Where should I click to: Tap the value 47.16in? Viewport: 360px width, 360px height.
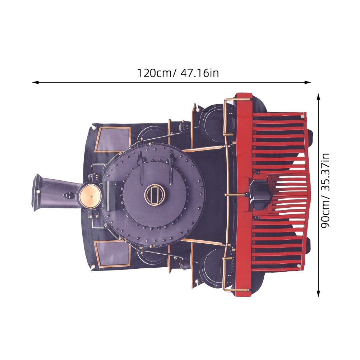pyautogui.click(x=199, y=73)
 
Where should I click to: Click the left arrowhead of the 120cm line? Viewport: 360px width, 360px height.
pyautogui.click(x=35, y=82)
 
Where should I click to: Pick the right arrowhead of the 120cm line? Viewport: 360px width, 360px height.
pyautogui.click(x=308, y=82)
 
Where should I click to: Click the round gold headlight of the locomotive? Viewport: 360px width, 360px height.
pyautogui.click(x=90, y=196)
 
